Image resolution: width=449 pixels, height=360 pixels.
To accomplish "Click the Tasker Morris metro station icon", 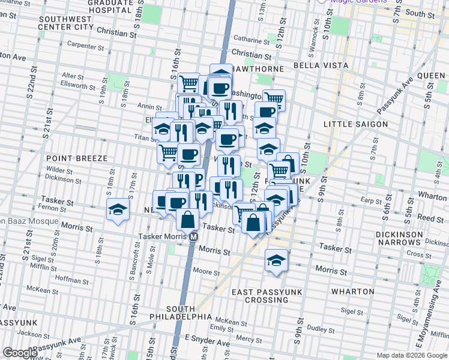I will [194, 237].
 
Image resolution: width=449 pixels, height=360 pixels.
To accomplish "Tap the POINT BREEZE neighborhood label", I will [76, 158].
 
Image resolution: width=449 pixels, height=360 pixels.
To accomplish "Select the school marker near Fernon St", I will [118, 211].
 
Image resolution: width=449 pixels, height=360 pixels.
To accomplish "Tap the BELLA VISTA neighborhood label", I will [317, 65].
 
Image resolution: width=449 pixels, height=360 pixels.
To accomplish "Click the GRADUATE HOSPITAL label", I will [109, 7].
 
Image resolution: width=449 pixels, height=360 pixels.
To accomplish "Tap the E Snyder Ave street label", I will [207, 343].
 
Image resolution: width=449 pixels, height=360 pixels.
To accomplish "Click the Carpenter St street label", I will [86, 45].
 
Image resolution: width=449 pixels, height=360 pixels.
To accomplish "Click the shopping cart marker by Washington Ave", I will [274, 98].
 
